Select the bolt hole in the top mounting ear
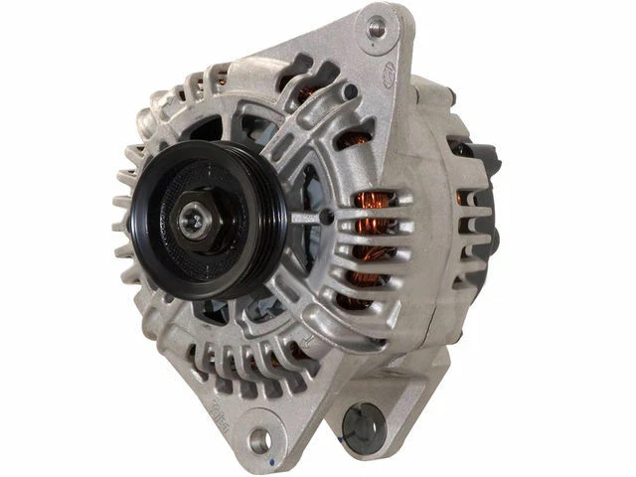click(x=377, y=27)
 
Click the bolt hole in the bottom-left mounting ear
click(x=259, y=438)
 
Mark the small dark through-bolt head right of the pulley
click(x=326, y=218)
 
